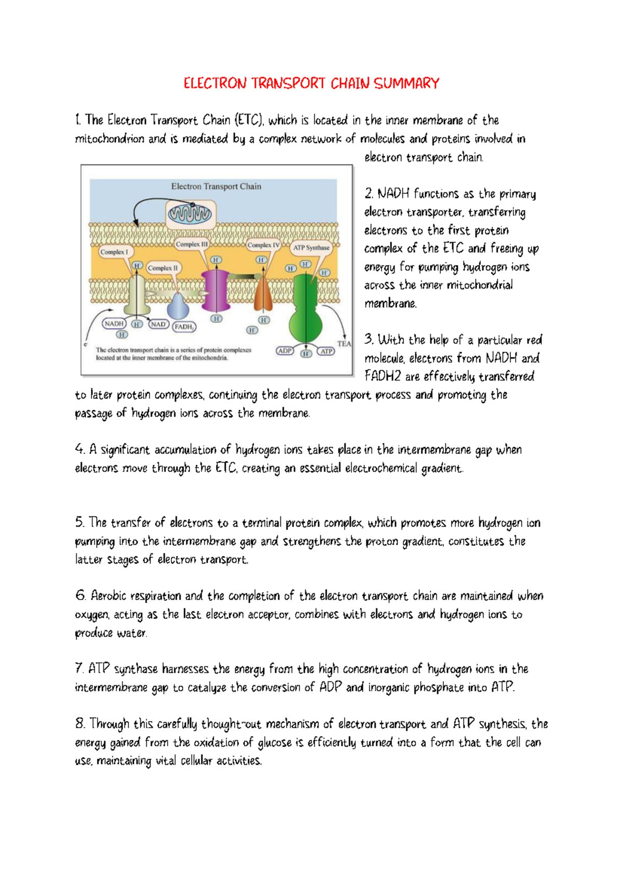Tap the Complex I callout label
pyautogui.click(x=114, y=252)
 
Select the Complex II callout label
pyautogui.click(x=162, y=268)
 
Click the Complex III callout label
pyautogui.click(x=192, y=244)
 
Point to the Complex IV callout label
pyautogui.click(x=263, y=245)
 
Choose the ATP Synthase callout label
pyautogui.click(x=311, y=248)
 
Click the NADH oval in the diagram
pyautogui.click(x=114, y=324)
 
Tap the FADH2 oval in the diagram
pyautogui.click(x=184, y=327)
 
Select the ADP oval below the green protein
pyautogui.click(x=285, y=351)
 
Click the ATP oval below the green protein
pyautogui.click(x=326, y=352)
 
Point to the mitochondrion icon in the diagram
pyautogui.click(x=190, y=213)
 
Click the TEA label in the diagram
pyautogui.click(x=344, y=343)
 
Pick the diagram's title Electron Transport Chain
pyautogui.click(x=216, y=186)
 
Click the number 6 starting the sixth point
pyautogui.click(x=80, y=595)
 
